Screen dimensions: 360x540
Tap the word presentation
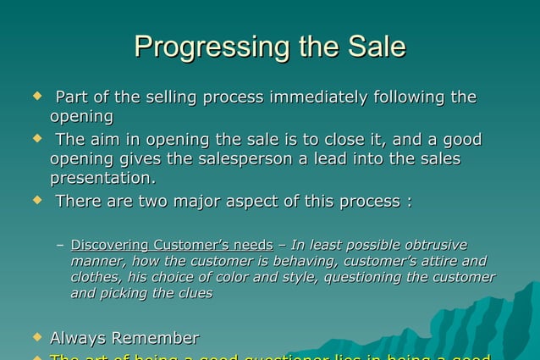pos(102,179)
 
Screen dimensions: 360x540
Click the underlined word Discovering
pos(113,245)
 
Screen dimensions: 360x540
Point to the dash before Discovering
pos(59,246)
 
